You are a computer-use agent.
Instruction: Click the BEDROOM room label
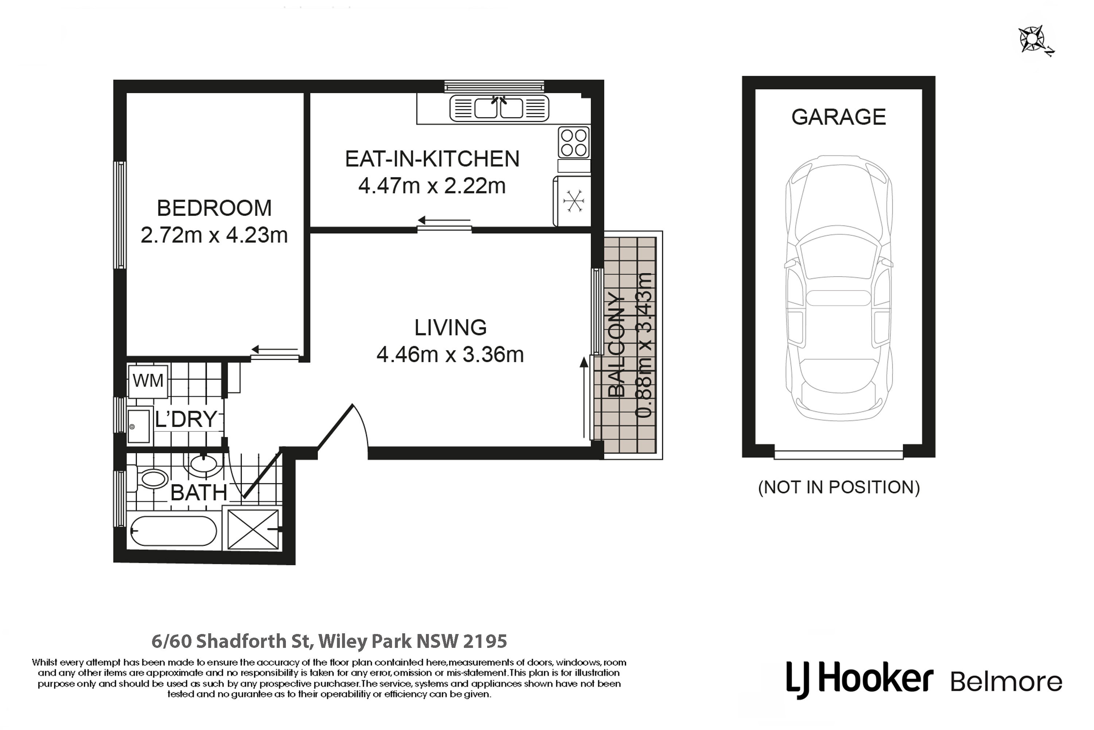click(x=214, y=208)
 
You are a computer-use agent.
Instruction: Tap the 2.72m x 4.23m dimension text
click(x=214, y=235)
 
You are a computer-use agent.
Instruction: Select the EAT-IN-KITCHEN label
click(x=432, y=159)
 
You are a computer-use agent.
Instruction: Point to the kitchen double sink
click(x=499, y=108)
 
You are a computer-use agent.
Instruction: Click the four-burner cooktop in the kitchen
click(x=574, y=142)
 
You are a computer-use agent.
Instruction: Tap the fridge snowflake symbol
click(x=574, y=201)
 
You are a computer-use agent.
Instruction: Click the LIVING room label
click(x=450, y=328)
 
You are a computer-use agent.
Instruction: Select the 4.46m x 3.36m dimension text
click(x=450, y=355)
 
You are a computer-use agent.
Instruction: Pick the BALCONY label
click(x=616, y=345)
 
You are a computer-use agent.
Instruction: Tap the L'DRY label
click(x=186, y=419)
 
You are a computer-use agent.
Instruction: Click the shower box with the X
click(x=253, y=529)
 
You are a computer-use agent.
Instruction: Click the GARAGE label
click(x=839, y=117)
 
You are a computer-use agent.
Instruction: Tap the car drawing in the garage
click(x=839, y=288)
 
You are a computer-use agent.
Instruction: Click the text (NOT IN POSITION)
click(x=839, y=487)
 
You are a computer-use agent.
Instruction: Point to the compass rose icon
click(x=1033, y=39)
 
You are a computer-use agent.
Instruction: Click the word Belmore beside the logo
click(x=1006, y=681)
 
